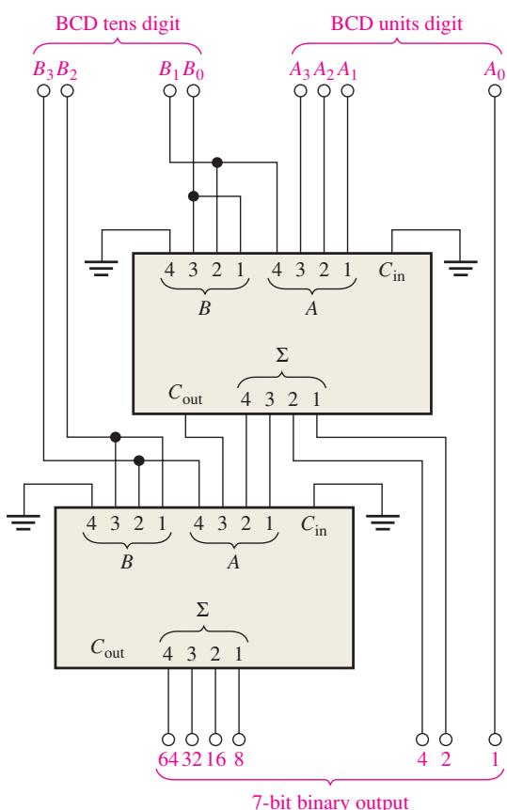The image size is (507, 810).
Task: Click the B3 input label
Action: click(43, 70)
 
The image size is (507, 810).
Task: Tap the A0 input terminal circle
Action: click(495, 91)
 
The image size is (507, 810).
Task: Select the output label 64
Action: click(168, 759)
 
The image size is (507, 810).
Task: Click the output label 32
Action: click(192, 759)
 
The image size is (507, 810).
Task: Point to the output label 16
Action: click(215, 759)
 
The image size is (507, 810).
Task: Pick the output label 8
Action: click(239, 759)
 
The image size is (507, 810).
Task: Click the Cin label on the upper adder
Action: click(391, 272)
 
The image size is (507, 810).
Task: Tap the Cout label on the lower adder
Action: click(107, 648)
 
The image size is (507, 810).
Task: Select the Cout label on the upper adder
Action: click(185, 394)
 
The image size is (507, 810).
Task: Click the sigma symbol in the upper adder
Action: click(282, 355)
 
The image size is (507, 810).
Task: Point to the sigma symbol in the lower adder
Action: click(203, 610)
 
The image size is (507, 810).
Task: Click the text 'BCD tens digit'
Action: click(118, 23)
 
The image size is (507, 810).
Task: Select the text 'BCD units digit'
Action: click(396, 23)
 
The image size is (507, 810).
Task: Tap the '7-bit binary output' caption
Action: click(330, 802)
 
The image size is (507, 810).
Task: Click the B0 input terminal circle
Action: click(194, 91)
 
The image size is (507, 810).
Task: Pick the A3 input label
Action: click(300, 70)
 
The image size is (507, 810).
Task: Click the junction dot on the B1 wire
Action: click(217, 163)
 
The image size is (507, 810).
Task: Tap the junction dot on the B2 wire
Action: click(116, 437)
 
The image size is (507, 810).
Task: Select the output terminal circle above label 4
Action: click(422, 740)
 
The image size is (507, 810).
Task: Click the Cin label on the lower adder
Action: click(314, 526)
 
